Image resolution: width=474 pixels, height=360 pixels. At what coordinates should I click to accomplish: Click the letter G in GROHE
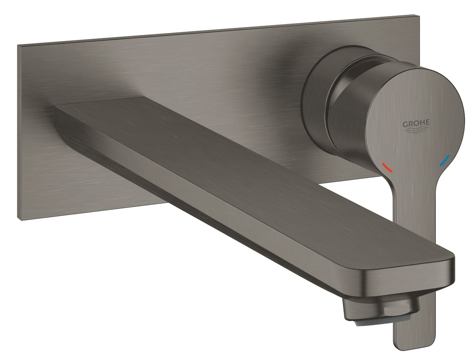coord(404,123)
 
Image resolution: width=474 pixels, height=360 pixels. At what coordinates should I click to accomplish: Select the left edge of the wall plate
coord(19,133)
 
